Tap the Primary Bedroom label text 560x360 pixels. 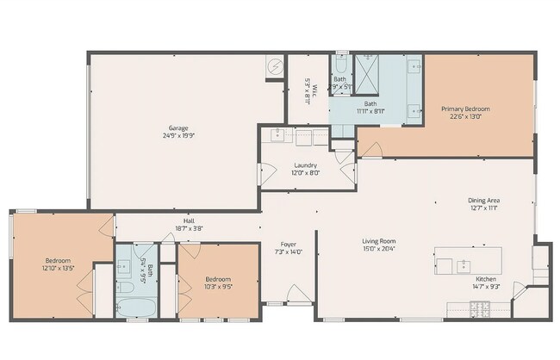click(465, 109)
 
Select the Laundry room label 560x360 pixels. click(305, 165)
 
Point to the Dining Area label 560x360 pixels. click(483, 201)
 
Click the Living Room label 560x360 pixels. click(378, 241)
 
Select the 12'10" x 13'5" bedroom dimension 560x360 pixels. click(58, 268)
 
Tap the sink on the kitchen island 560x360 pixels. click(463, 262)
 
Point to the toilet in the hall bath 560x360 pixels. click(123, 289)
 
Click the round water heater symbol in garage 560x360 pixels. click(275, 66)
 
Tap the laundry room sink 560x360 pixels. click(278, 134)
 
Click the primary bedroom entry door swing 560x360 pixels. click(370, 150)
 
